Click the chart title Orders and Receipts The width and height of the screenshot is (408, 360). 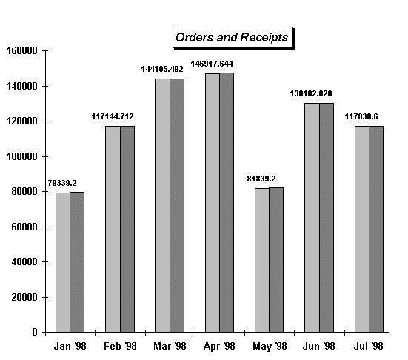click(232, 37)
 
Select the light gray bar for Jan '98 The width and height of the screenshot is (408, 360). click(63, 262)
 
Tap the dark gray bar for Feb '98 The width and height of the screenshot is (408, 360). click(127, 229)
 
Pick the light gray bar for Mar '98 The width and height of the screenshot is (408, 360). click(163, 205)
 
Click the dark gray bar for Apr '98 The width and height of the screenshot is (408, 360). click(227, 202)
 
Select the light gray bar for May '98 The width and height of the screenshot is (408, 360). click(262, 260)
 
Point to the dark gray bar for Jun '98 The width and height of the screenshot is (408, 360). click(327, 218)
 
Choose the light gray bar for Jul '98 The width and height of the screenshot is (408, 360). click(362, 229)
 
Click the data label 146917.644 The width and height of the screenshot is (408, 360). click(212, 64)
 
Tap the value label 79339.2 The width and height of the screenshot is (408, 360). click(62, 183)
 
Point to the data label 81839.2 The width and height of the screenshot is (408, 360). click(261, 179)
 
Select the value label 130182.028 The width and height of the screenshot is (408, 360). click(311, 93)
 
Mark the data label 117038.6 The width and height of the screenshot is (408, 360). click(361, 116)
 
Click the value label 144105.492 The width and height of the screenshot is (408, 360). click(162, 69)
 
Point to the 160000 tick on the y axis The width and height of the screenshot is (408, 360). click(22, 50)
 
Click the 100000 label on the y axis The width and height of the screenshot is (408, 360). click(22, 157)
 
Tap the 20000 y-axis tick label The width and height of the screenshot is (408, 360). click(24, 297)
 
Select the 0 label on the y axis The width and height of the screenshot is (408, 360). click(35, 332)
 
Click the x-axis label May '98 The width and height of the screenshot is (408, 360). click(270, 347)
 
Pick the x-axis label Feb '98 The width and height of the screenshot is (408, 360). click(120, 346)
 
